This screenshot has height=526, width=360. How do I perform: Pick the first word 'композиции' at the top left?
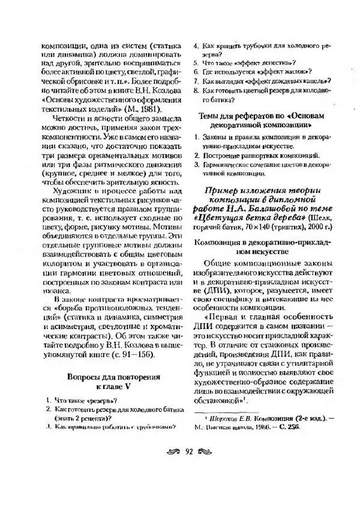(x=62, y=45)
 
